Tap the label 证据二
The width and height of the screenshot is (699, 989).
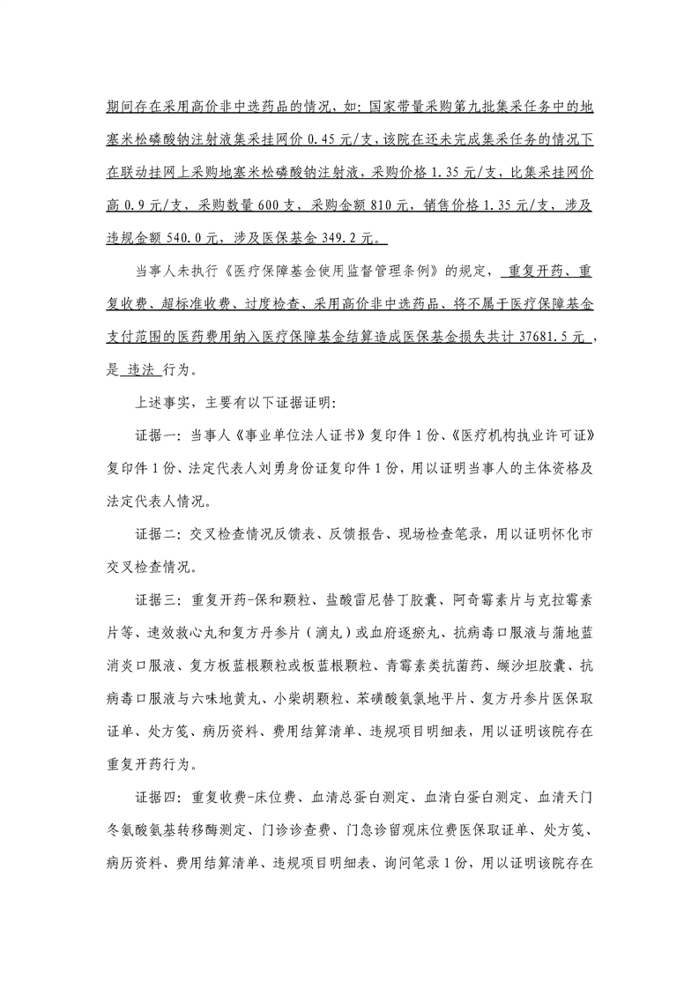(x=153, y=534)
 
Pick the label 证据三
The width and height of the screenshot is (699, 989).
(x=153, y=599)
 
